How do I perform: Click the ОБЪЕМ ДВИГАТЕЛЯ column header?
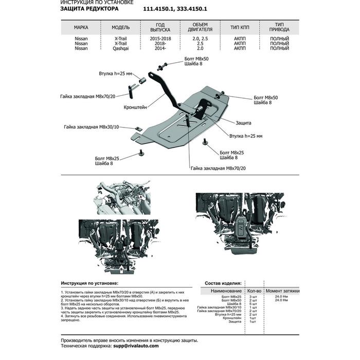pyautogui.click(x=200, y=27)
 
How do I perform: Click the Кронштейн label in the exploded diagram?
pyautogui.click(x=135, y=107)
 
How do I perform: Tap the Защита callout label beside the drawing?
pyautogui.click(x=243, y=124)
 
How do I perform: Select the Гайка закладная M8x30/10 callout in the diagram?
pyautogui.click(x=92, y=127)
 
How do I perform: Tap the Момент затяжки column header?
pyautogui.click(x=283, y=291)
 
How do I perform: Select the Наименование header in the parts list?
pyautogui.click(x=226, y=291)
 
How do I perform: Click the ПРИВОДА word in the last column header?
pyautogui.click(x=279, y=30)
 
